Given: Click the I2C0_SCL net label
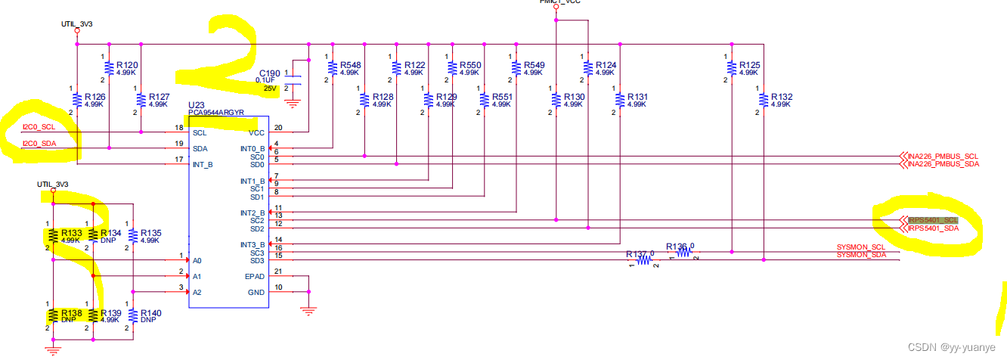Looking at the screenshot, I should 39,126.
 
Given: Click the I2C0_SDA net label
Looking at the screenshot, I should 39,144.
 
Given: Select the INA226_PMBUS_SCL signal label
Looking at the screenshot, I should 943,156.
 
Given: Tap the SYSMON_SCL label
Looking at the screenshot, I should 860,247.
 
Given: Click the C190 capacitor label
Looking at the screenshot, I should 269,73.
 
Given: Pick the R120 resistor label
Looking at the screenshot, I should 126,66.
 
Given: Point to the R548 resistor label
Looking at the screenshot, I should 350,66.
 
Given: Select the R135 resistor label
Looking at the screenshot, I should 149,233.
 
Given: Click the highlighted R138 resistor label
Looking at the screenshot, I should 71,312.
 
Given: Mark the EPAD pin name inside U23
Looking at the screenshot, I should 255,276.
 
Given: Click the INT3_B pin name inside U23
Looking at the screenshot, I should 253,244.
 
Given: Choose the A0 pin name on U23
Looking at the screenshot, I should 197,260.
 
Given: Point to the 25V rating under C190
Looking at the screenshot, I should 269,88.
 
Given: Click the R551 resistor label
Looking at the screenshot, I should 501,97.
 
